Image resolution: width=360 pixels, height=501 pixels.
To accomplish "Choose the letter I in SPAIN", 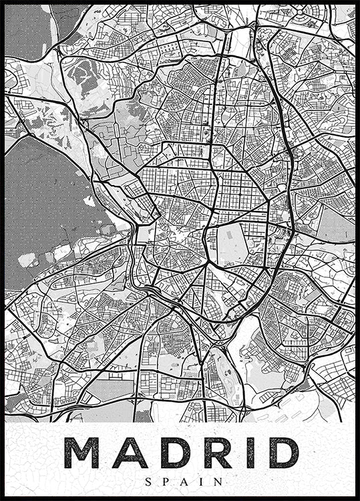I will (x=196, y=480).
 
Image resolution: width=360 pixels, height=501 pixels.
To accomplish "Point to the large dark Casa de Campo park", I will (x=47, y=207).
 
